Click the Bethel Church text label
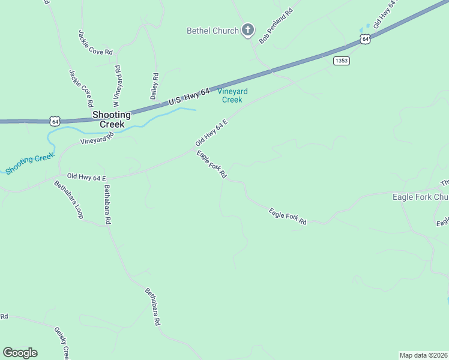pos(212,31)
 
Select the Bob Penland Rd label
pos(276,26)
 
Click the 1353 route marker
pos(342,61)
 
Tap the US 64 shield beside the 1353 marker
pos(365,39)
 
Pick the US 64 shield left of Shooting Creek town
pos(55,121)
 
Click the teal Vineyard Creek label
pos(232,95)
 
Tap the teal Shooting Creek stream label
pos(30,163)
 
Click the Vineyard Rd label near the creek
pos(97,140)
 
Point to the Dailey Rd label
pos(154,86)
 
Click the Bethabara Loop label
pos(68,199)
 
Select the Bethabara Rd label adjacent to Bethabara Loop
pos(107,205)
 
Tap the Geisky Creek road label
pos(62,343)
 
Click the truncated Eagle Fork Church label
pos(420,197)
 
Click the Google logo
pos(20,353)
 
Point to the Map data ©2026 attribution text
pos(424,355)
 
